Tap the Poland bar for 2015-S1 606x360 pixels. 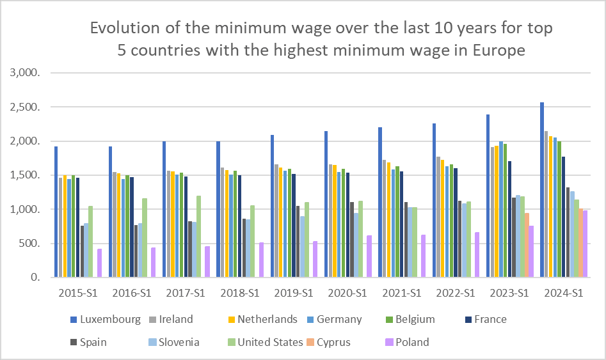(x=99, y=263)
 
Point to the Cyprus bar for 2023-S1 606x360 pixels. (x=527, y=246)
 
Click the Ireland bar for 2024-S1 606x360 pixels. (x=546, y=204)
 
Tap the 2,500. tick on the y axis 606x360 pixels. (x=26, y=107)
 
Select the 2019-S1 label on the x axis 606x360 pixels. (x=294, y=293)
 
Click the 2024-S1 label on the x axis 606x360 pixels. (x=564, y=293)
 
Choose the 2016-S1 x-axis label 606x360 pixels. (x=132, y=293)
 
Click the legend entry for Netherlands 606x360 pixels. (x=267, y=319)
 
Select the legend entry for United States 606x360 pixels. (x=270, y=342)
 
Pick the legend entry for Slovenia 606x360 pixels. (x=175, y=342)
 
